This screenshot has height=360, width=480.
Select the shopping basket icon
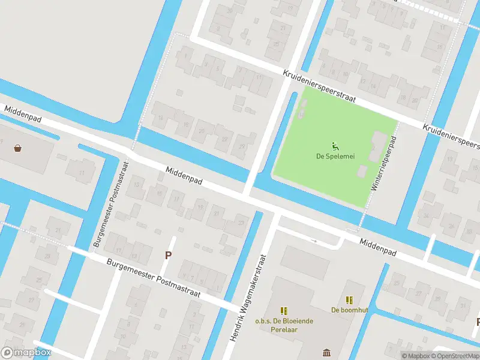(19, 148)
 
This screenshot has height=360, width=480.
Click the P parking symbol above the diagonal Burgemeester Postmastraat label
(169, 255)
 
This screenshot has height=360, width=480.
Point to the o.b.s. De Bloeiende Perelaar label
(284, 325)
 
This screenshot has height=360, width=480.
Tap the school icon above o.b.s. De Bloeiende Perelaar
(284, 310)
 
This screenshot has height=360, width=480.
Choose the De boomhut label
(349, 310)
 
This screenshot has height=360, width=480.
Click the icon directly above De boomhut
(349, 299)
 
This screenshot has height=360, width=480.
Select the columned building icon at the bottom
(326, 352)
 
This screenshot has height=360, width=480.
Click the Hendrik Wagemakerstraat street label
(247, 305)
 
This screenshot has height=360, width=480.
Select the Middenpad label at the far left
(22, 115)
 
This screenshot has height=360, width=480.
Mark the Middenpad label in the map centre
(184, 178)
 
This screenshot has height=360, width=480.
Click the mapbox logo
(26, 352)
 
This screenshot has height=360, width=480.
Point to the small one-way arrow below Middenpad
(313, 241)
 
